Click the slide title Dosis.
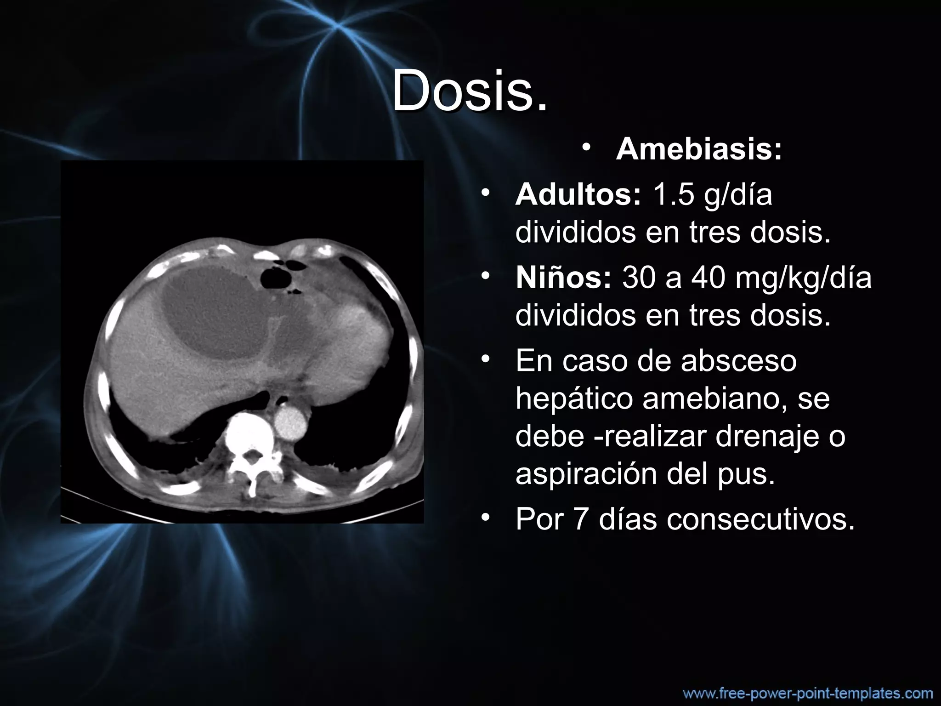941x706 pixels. (470, 91)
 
